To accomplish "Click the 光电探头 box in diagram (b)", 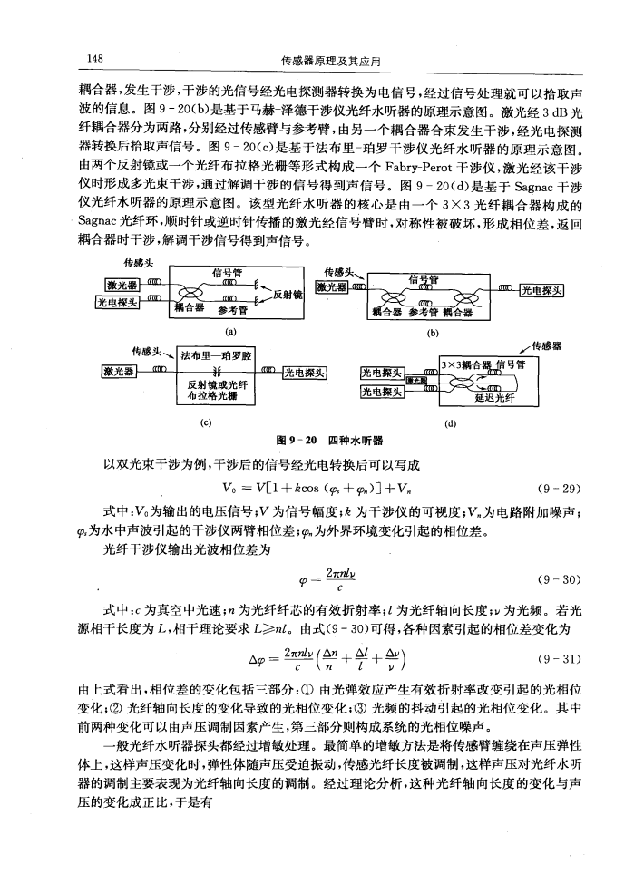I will [x=541, y=290].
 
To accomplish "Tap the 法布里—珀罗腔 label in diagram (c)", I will [x=217, y=354].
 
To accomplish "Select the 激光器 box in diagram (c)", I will [x=120, y=371].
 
